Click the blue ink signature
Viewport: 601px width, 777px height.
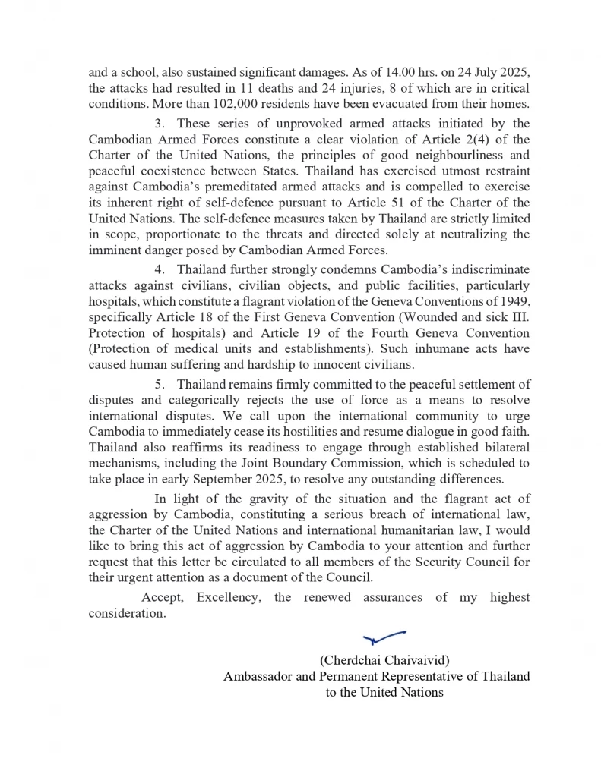384,636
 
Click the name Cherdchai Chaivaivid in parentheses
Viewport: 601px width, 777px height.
390,659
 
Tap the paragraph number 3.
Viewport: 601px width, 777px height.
159,123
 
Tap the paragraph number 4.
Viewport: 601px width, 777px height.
159,269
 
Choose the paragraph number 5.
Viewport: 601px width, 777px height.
159,385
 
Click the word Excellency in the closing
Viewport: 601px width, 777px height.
227,597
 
